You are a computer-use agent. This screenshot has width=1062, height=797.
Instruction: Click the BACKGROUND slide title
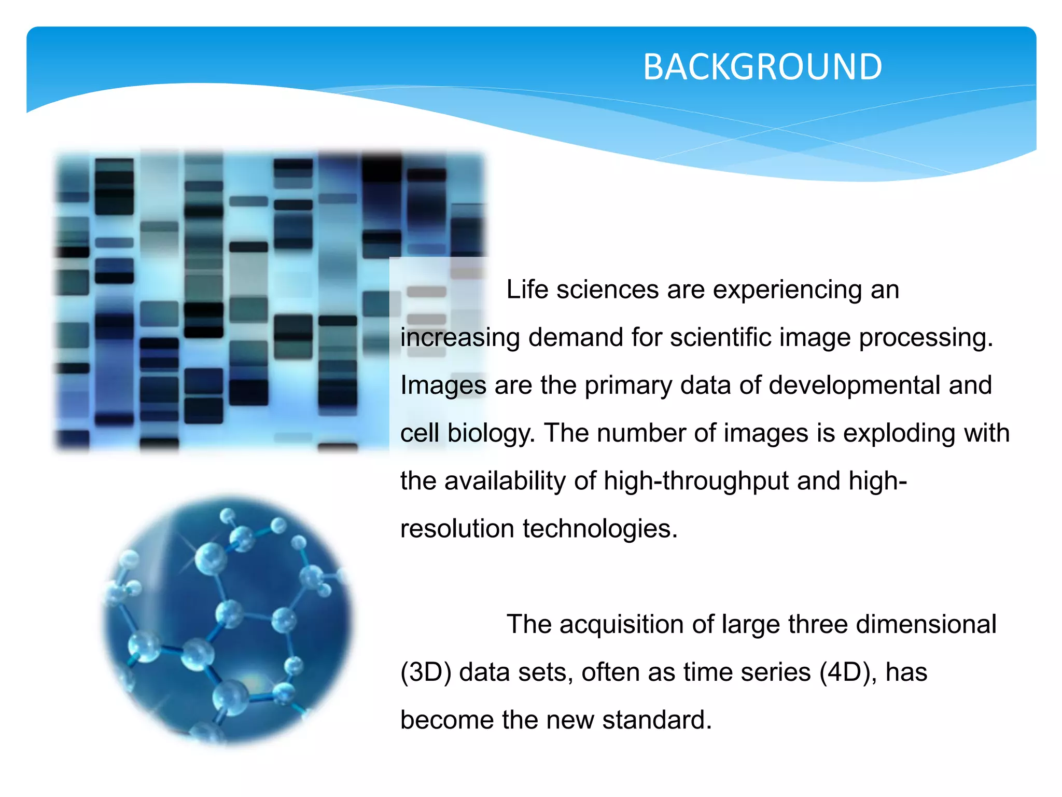(x=762, y=67)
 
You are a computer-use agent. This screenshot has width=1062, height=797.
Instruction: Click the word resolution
(x=457, y=529)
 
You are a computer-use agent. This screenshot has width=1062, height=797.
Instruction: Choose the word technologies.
(x=600, y=529)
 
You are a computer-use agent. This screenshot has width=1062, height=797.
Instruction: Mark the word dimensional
(x=926, y=624)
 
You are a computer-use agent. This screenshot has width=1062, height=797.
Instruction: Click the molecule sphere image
(x=227, y=620)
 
